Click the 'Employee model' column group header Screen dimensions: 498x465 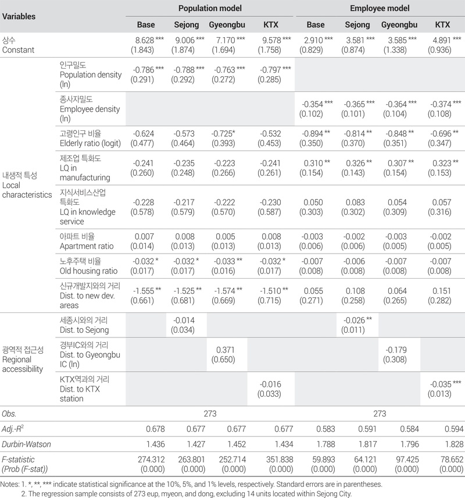380,9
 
